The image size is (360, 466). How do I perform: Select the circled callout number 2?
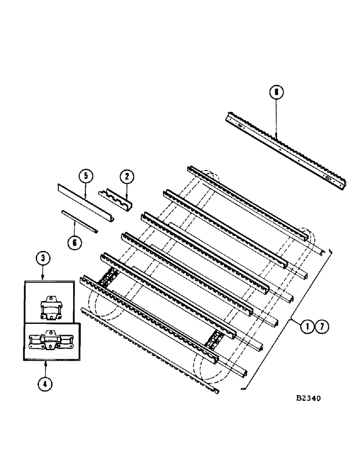click(x=126, y=176)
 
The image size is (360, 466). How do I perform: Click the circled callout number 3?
click(x=43, y=257)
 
